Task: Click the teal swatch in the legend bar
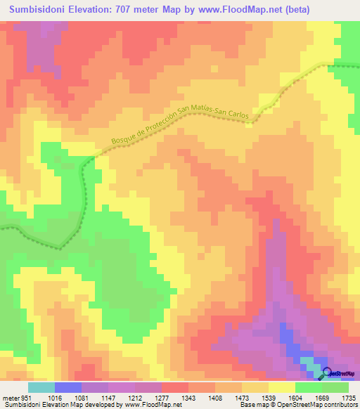point(41,387)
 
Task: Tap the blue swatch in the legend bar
point(67,387)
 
